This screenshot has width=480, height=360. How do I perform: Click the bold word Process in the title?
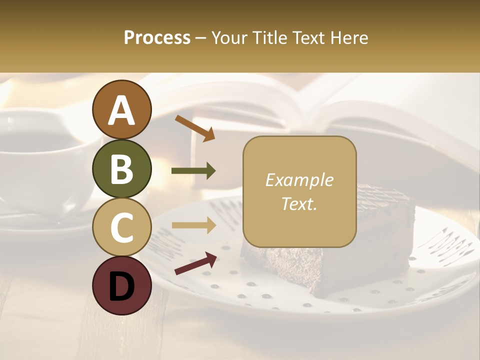157,38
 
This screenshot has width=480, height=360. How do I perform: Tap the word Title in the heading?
269,38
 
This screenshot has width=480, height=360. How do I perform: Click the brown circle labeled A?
121,109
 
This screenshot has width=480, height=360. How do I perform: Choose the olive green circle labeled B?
121,168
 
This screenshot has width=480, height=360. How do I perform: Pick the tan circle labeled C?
121,227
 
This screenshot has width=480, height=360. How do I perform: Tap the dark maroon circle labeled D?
121,285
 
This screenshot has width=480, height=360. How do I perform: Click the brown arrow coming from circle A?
195,128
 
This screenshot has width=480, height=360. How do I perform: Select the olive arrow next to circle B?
193,171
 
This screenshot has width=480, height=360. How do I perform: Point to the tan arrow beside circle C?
193,225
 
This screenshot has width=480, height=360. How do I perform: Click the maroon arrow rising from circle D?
195,264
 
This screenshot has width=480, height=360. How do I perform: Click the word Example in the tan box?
299,180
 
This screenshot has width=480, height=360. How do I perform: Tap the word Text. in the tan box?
299,204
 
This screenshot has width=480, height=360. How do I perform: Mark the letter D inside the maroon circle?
121,285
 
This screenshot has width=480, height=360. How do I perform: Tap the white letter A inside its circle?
121,110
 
